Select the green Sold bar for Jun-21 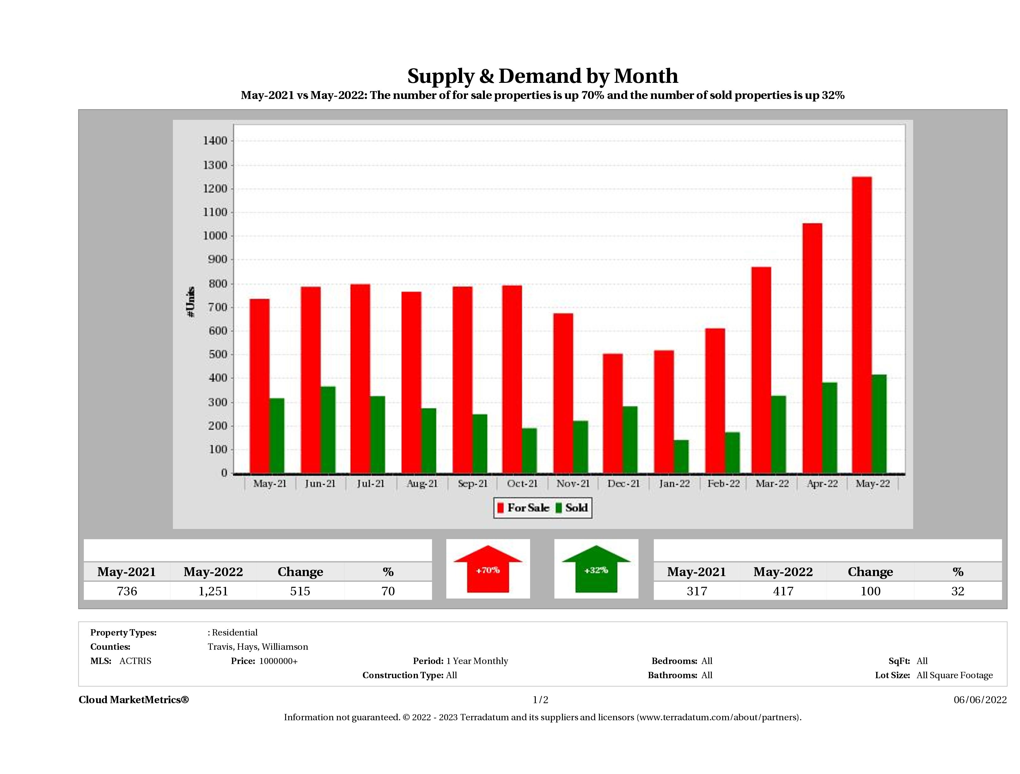click(328, 429)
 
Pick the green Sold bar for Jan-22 click(681, 456)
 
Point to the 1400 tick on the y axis click(215, 141)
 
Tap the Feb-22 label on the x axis click(724, 483)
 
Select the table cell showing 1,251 click(213, 591)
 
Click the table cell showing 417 click(783, 591)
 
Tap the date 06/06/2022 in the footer click(980, 700)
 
